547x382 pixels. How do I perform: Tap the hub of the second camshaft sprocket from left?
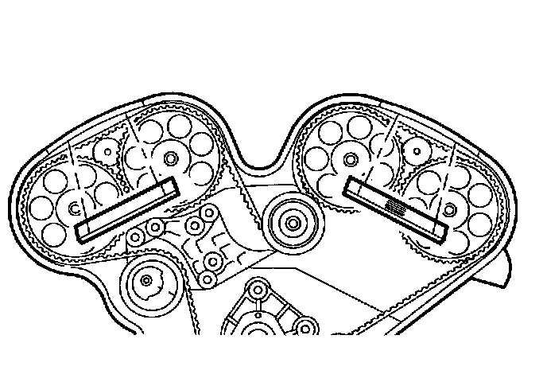tap(169, 159)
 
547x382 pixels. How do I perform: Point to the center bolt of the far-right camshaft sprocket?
tap(450, 209)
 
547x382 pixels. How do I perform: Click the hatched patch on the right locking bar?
tap(395, 205)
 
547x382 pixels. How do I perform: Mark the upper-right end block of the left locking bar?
tap(169, 187)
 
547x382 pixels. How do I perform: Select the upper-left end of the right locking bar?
tap(353, 188)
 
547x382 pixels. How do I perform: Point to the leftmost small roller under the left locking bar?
tap(134, 236)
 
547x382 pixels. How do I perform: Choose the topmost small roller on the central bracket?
tap(208, 212)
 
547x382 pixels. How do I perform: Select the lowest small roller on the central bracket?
tap(206, 279)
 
